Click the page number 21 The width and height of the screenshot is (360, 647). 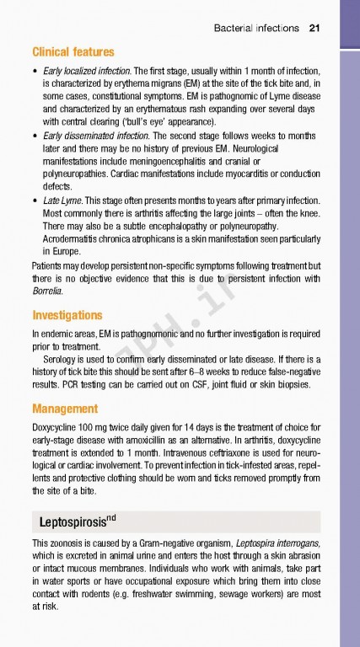[314, 28]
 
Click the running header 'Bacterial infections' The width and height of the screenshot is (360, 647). [256, 28]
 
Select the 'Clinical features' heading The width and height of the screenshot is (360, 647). [73, 51]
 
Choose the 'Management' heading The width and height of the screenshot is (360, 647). [65, 409]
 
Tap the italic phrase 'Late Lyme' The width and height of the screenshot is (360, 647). [62, 200]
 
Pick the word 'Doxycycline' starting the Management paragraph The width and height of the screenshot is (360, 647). [55, 427]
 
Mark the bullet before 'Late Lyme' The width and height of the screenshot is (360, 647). [33, 201]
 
